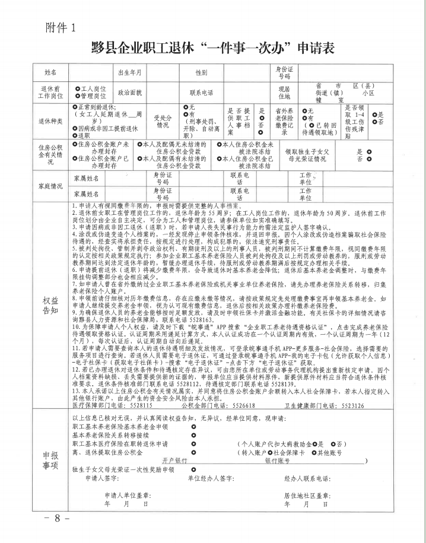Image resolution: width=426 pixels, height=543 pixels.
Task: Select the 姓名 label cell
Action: [50, 72]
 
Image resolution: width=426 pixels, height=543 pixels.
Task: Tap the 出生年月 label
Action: [130, 72]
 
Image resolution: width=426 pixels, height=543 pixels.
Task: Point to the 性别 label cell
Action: [202, 72]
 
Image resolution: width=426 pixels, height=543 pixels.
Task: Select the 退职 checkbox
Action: [74, 135]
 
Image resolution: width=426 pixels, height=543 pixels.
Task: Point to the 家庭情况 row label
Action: [50, 185]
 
